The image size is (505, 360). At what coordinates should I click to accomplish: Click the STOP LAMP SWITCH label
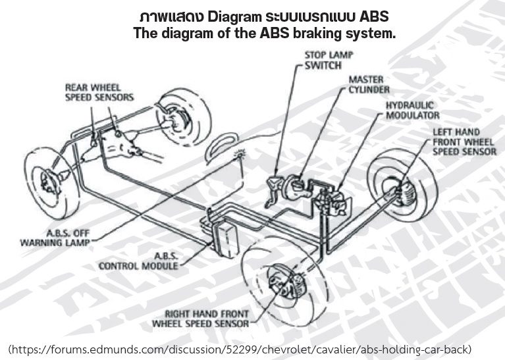pyautogui.click(x=329, y=60)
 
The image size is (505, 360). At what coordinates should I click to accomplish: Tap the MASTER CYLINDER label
pyautogui.click(x=369, y=84)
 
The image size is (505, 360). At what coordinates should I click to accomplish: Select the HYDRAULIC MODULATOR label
pyautogui.click(x=413, y=110)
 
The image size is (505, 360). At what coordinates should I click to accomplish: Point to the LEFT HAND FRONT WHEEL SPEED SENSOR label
pyautogui.click(x=464, y=141)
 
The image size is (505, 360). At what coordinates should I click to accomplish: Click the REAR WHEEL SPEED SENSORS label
pyautogui.click(x=99, y=92)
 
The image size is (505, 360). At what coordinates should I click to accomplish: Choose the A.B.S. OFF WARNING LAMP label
pyautogui.click(x=55, y=238)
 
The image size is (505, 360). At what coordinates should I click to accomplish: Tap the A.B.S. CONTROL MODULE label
pyautogui.click(x=138, y=261)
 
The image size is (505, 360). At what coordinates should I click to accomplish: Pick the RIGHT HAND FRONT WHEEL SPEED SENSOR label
pyautogui.click(x=201, y=319)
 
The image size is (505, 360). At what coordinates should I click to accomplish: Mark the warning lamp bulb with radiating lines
pyautogui.click(x=240, y=155)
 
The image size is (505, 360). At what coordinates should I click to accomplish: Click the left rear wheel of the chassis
pyautogui.click(x=51, y=183)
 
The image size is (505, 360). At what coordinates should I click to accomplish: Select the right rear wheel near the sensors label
pyautogui.click(x=183, y=117)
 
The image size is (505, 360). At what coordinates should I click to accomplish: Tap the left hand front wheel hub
pyautogui.click(x=402, y=191)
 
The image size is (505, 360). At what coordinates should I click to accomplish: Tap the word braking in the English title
pyautogui.click(x=317, y=34)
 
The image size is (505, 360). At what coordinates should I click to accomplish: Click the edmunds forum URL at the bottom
pyautogui.click(x=240, y=349)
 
